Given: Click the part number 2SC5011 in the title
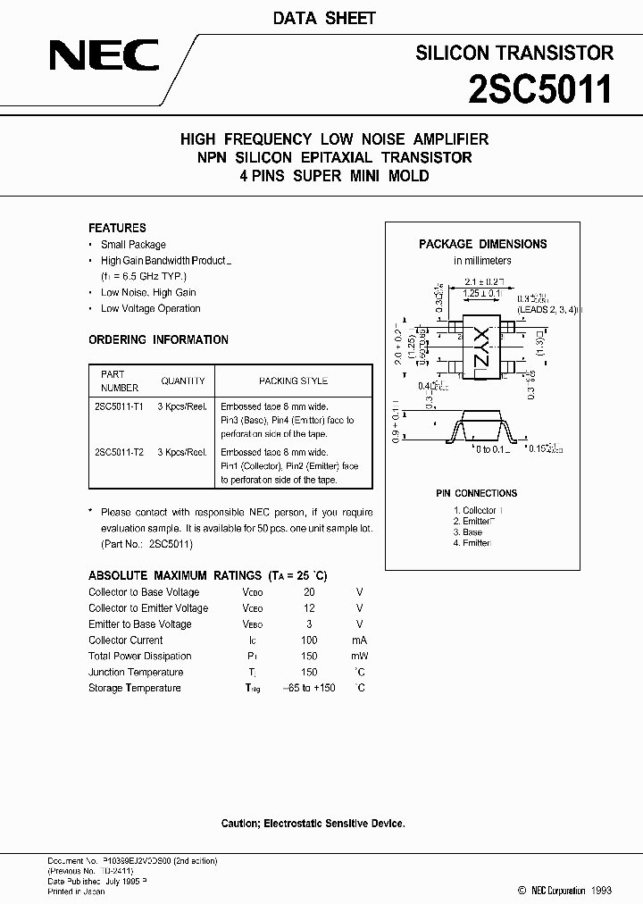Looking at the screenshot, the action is tap(539, 89).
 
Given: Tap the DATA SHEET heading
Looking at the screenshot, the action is tap(322, 18).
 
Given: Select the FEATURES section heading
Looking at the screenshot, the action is tap(117, 228).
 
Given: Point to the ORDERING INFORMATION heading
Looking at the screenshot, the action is tap(158, 339).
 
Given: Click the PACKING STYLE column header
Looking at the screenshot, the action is tap(293, 381).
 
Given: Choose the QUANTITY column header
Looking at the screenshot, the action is tap(183, 381).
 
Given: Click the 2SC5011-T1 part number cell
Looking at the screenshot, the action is tap(119, 405).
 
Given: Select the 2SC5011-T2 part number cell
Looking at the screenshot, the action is tap(119, 452).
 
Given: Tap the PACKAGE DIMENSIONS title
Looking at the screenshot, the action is tap(482, 244).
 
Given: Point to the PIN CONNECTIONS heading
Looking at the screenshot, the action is tap(476, 493).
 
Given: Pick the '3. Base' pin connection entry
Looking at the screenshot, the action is tap(467, 532).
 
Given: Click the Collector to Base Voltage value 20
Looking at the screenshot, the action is tap(309, 592).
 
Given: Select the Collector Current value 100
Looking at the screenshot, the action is tap(309, 640).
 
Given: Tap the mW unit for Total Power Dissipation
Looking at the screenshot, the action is tap(360, 657).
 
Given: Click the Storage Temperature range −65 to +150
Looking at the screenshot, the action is tap(308, 688).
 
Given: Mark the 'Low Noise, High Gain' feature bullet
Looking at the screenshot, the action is tap(148, 292).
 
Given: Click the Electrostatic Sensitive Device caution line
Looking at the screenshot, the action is tap(313, 823).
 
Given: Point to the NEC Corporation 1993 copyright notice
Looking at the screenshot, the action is tap(564, 891).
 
